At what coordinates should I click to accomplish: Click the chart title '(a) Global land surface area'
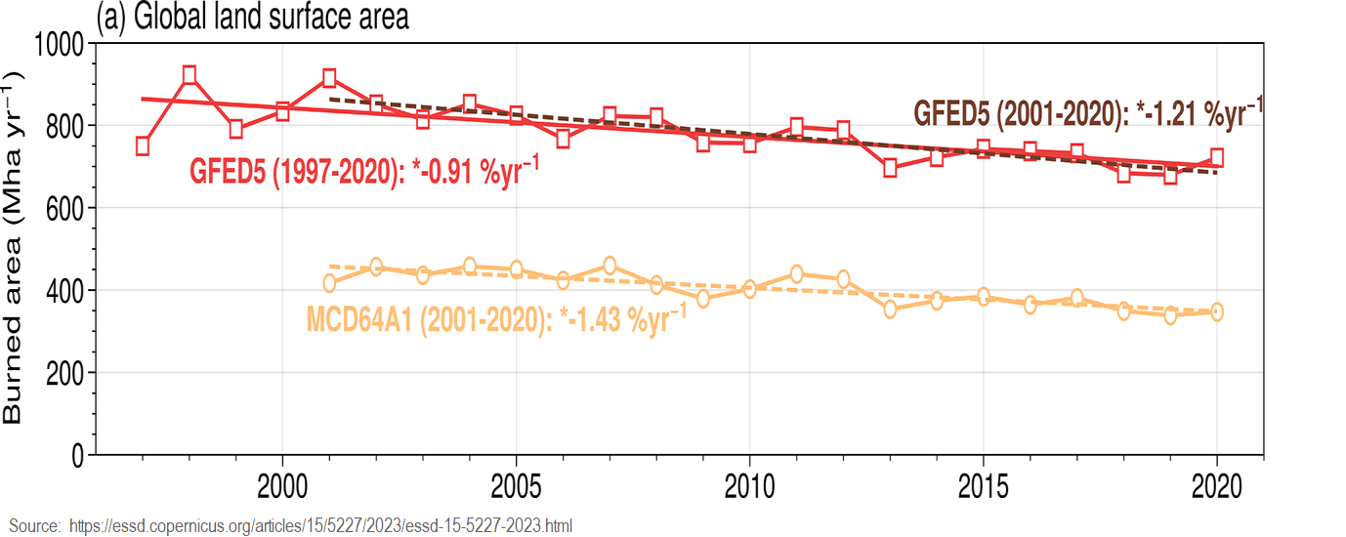[253, 17]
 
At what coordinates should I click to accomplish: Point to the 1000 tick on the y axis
[60, 44]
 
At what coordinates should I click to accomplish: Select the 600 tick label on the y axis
[65, 208]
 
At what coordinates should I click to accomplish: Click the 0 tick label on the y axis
[77, 455]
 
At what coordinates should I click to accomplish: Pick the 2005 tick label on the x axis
[516, 485]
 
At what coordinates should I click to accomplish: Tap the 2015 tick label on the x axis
[983, 485]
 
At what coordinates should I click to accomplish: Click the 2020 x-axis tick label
[1216, 485]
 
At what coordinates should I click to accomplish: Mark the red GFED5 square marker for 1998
[189, 75]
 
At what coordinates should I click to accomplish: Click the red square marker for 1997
[143, 145]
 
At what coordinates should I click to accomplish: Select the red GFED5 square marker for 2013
[890, 168]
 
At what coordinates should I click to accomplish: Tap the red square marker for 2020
[1217, 157]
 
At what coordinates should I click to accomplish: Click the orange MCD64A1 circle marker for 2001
[329, 283]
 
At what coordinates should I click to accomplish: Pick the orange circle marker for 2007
[610, 266]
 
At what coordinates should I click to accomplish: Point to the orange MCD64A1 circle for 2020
[1217, 312]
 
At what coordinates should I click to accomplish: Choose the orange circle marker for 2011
[796, 274]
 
